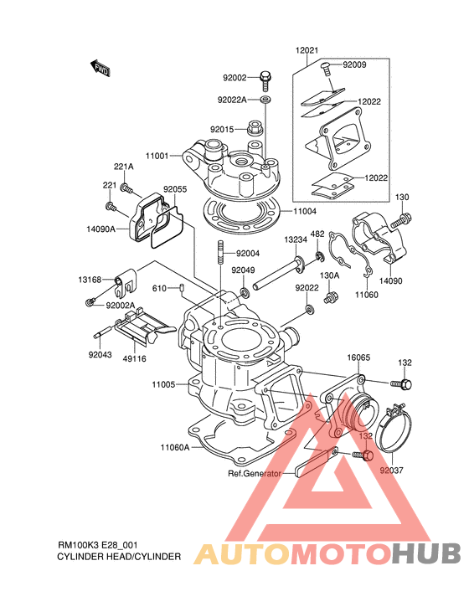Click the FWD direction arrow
point(100,68)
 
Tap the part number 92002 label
point(234,78)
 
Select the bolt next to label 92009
point(326,69)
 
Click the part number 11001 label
point(157,156)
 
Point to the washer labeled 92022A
point(265,100)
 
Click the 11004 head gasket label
point(304,211)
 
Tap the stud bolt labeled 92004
point(220,252)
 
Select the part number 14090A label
point(100,229)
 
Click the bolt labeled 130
point(400,220)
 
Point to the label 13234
point(296,240)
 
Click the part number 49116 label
point(135,359)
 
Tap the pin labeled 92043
point(103,332)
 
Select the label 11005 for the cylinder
point(163,384)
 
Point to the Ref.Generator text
point(255,473)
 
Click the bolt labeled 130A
point(331,298)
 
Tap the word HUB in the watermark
point(426,553)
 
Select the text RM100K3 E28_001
point(97,545)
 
